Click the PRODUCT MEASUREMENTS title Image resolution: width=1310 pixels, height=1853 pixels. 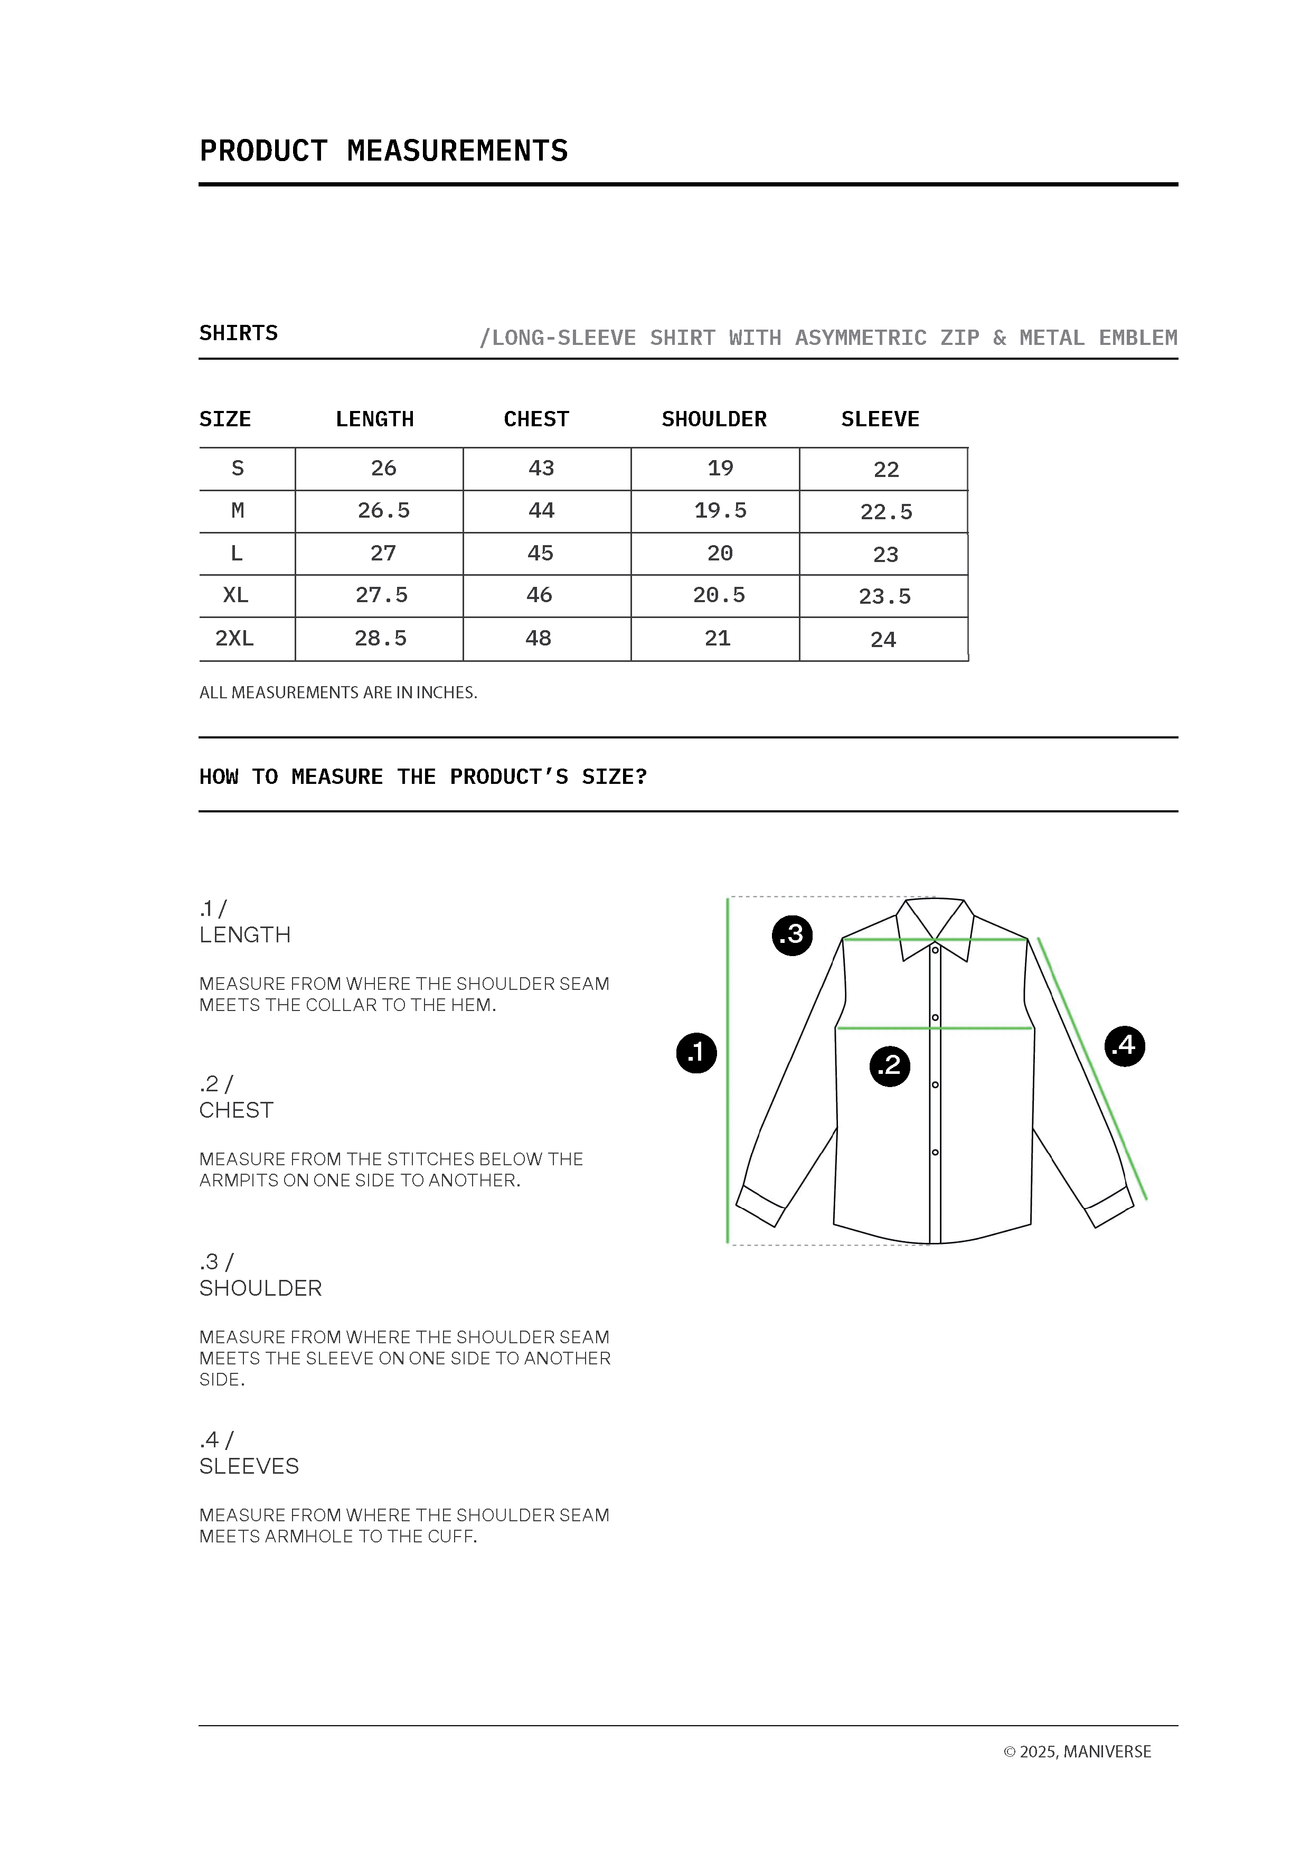383,151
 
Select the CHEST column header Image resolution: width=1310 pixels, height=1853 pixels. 536,419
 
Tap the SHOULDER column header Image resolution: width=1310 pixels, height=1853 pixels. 714,419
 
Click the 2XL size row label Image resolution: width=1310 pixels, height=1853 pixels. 235,639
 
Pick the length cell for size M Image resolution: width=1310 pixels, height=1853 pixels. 383,511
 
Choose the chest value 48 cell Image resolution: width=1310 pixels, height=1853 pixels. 539,639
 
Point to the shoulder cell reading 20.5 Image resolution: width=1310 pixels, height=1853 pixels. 719,596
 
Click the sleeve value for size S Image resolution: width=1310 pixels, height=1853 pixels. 885,470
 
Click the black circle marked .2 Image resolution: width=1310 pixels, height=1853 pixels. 890,1065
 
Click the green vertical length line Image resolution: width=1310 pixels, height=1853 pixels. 728,1073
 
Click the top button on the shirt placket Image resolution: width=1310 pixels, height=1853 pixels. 936,950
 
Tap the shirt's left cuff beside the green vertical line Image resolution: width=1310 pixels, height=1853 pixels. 760,1206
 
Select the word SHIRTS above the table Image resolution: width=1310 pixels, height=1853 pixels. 238,333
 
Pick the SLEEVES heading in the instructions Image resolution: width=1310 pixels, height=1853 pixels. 249,1466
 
